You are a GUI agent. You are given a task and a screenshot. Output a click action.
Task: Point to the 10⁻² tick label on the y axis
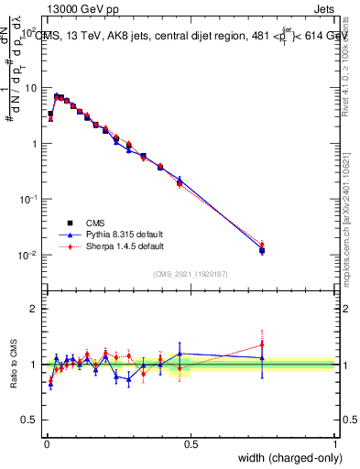pos(27,255)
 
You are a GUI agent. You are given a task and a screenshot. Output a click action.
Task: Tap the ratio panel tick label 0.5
pos(31,420)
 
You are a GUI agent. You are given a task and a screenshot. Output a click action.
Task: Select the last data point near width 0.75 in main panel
pos(262,249)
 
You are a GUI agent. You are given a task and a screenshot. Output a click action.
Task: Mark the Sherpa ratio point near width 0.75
pos(262,344)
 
